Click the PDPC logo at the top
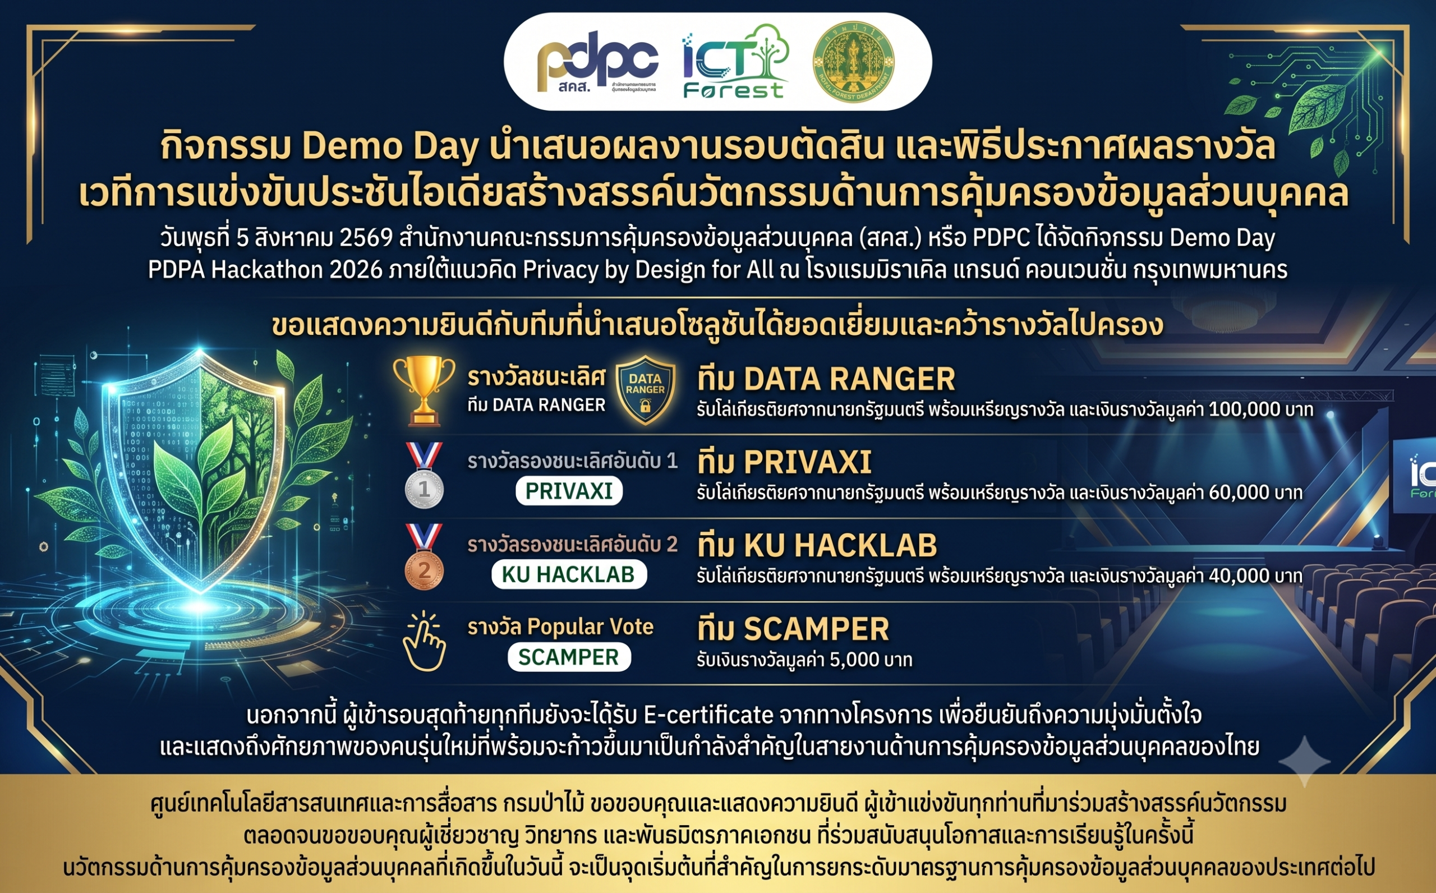pyautogui.click(x=597, y=62)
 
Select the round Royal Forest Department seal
pyautogui.click(x=853, y=62)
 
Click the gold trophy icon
pyautogui.click(x=424, y=391)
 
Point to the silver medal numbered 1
pyautogui.click(x=424, y=476)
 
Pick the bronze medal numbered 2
pyautogui.click(x=424, y=557)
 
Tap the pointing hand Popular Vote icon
pyautogui.click(x=424, y=641)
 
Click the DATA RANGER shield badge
pyautogui.click(x=646, y=390)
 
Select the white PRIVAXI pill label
pyautogui.click(x=569, y=491)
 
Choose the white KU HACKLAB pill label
pyautogui.click(x=569, y=574)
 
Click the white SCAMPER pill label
pyautogui.click(x=569, y=657)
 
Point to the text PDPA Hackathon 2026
pyautogui.click(x=265, y=270)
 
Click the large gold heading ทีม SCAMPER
pyautogui.click(x=793, y=629)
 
